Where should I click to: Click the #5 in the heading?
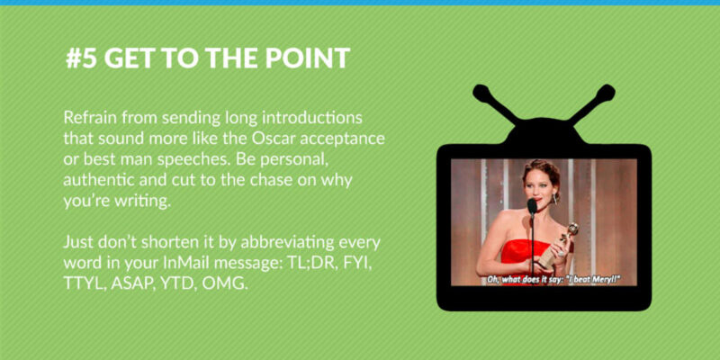point(81,58)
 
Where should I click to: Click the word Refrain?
point(90,118)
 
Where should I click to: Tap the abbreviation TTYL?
point(85,283)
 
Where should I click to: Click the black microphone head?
point(532,207)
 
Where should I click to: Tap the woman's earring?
point(555,199)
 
